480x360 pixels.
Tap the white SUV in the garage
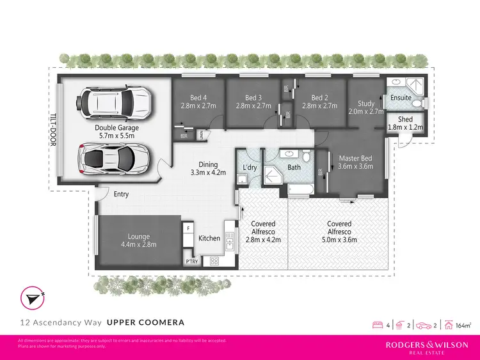pos(115,102)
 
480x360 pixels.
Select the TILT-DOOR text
pos(53,130)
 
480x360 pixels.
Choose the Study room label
pos(366,103)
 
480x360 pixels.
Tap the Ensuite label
pos(401,98)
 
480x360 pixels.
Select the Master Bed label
pos(356,159)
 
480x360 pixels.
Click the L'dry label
pos(250,168)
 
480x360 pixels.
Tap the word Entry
pos(122,194)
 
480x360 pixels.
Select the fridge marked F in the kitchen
pos(189,228)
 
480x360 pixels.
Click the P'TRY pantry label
pos(191,261)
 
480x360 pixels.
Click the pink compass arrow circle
pos(30,298)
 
